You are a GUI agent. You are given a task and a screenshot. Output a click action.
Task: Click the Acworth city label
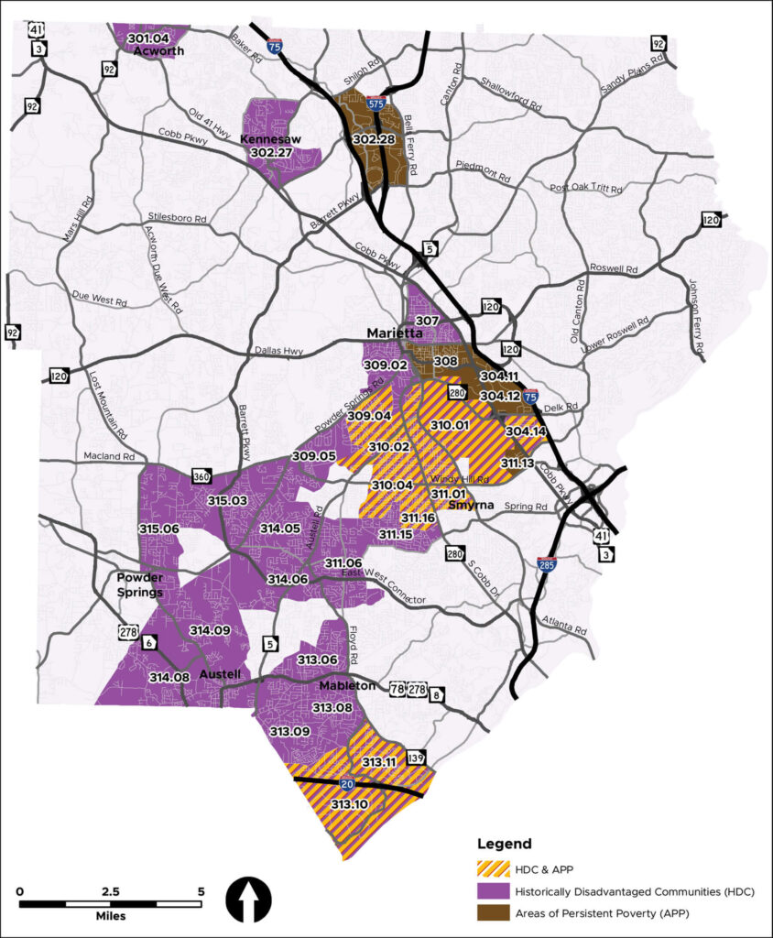click(158, 51)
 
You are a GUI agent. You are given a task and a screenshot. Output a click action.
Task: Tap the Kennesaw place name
click(265, 139)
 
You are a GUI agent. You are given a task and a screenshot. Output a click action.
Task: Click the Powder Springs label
click(140, 584)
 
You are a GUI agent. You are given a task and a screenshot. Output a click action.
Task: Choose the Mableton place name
click(347, 685)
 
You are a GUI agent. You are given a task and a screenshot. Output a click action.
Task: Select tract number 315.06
click(158, 529)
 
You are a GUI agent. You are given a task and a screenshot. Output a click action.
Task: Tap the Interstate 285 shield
click(547, 564)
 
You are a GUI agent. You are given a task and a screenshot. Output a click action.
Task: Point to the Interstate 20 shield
click(347, 784)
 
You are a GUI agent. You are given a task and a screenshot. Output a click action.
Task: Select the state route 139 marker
click(416, 758)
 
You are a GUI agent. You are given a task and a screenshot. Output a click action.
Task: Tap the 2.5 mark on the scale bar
click(110, 891)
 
